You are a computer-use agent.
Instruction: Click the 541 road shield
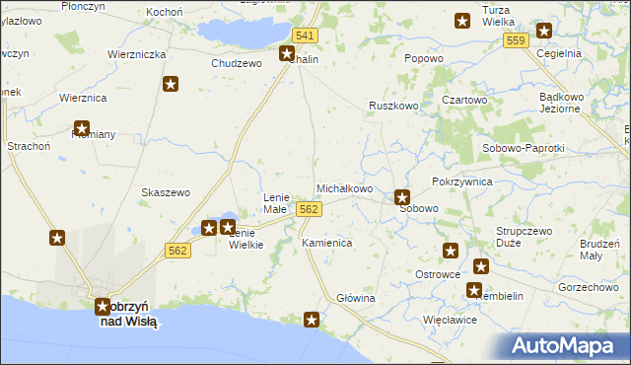tap(306, 36)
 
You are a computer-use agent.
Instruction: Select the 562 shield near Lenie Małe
tap(309, 209)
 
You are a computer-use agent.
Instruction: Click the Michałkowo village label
tap(343, 188)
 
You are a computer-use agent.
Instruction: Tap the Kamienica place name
tap(326, 242)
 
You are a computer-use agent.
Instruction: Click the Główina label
tap(356, 298)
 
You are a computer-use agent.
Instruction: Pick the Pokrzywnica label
tap(461, 182)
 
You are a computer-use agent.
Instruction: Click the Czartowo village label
tap(465, 101)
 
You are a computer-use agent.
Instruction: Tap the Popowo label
tap(423, 58)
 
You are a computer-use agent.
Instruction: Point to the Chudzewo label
tap(237, 62)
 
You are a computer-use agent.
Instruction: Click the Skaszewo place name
tap(166, 192)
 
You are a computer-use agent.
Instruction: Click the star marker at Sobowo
tap(401, 197)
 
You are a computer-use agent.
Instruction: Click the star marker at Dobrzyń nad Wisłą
tap(103, 307)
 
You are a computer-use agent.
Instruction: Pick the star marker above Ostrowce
tap(451, 252)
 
